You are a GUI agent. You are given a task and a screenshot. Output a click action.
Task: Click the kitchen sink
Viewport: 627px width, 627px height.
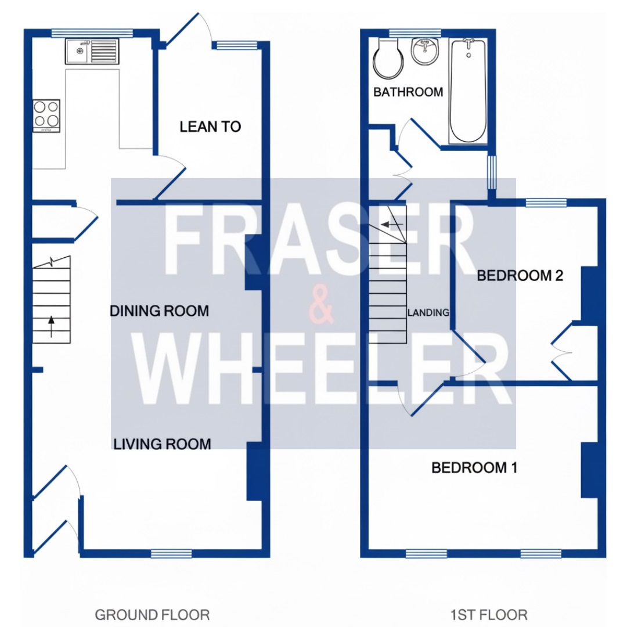click(92, 51)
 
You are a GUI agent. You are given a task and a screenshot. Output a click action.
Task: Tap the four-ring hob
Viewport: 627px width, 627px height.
click(47, 116)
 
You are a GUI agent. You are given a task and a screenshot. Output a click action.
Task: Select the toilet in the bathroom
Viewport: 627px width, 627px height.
click(388, 59)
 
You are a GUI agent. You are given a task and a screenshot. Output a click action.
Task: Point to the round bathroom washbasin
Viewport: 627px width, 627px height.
click(426, 52)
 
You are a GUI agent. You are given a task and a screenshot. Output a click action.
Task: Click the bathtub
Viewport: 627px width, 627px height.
click(469, 91)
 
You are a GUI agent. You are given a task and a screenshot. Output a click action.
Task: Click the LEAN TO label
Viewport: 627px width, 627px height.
click(210, 127)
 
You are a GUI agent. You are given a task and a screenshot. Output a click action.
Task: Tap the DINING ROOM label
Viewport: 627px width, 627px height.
click(159, 311)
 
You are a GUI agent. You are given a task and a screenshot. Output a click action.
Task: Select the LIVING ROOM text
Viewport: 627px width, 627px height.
click(162, 444)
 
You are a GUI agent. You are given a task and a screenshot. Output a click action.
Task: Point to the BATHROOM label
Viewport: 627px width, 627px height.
click(408, 92)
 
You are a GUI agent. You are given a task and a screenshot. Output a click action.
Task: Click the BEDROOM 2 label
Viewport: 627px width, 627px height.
click(520, 276)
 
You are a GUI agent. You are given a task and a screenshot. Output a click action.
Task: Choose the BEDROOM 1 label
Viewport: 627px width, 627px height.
click(474, 467)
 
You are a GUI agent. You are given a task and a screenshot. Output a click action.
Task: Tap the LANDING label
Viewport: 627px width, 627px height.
click(428, 312)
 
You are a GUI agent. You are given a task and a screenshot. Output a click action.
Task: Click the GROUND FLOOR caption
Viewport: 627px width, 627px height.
click(152, 615)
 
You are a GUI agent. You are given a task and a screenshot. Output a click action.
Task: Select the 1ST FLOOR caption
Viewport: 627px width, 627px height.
click(489, 615)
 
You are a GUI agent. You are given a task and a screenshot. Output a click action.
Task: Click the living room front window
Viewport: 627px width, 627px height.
click(171, 553)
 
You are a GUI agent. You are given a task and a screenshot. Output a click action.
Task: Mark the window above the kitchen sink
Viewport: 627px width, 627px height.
click(92, 33)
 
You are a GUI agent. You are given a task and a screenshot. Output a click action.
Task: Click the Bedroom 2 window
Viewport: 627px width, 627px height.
click(546, 203)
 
